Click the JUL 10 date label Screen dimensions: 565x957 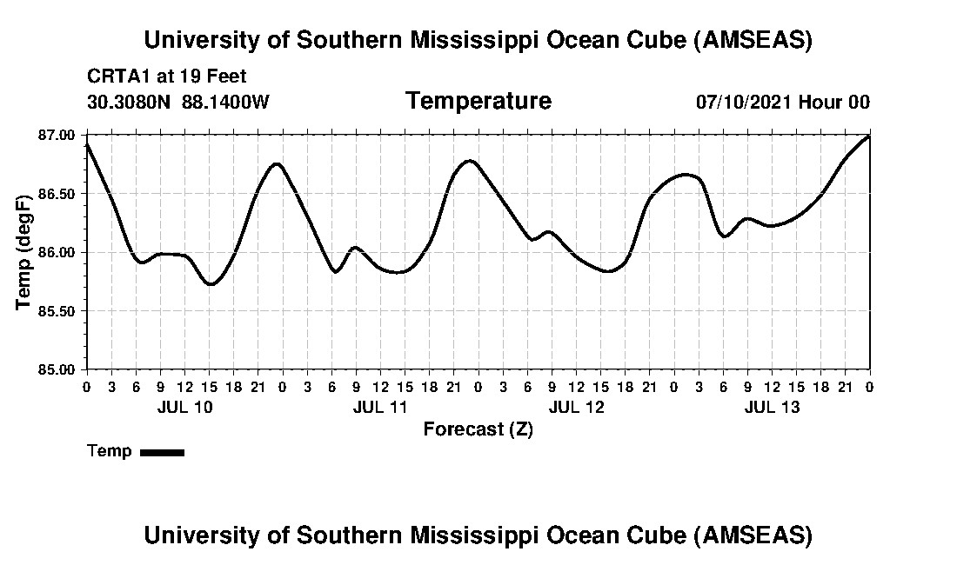[x=184, y=408]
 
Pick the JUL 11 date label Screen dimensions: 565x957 [x=380, y=408]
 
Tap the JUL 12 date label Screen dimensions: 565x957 [x=576, y=408]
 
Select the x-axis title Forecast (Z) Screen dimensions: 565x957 [x=478, y=429]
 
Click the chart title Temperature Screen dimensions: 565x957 [x=478, y=101]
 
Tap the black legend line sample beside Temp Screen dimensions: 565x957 [x=162, y=452]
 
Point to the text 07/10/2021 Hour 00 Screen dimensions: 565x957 [x=782, y=102]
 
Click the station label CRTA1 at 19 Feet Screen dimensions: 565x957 [x=167, y=76]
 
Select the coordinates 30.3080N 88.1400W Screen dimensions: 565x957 [x=178, y=102]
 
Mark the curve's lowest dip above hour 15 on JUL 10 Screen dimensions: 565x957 [x=210, y=284]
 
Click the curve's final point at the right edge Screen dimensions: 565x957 [x=869, y=136]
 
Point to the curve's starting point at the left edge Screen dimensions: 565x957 [x=87, y=144]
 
